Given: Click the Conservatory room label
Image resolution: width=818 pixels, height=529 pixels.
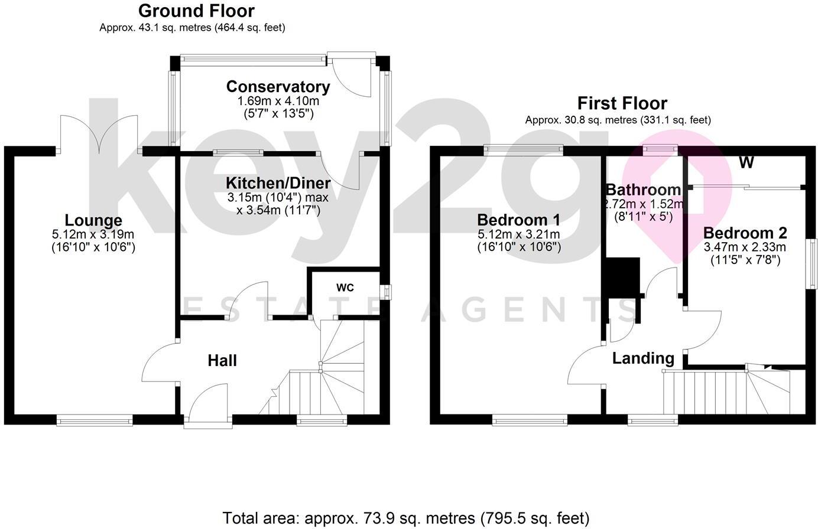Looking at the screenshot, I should [x=278, y=87].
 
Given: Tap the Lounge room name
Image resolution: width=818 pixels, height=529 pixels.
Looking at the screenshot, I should [x=93, y=221].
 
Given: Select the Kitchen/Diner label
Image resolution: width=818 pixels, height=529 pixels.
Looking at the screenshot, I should [x=278, y=183].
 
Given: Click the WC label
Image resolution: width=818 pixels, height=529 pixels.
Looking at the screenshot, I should [x=345, y=288].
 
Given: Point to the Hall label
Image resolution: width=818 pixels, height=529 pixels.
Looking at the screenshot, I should [x=222, y=361].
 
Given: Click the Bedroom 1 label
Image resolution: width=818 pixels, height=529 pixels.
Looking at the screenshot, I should [x=518, y=220].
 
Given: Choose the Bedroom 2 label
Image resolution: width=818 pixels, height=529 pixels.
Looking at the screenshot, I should [x=745, y=233].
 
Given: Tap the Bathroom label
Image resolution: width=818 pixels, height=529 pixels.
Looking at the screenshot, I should [x=643, y=190].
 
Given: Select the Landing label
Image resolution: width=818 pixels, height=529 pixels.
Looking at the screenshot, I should [x=643, y=358].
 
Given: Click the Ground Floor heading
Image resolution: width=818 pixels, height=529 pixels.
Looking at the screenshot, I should [x=196, y=11].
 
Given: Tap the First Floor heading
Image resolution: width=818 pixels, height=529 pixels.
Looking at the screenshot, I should [x=622, y=103].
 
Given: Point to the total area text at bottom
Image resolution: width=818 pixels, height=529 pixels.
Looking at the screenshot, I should [x=405, y=518].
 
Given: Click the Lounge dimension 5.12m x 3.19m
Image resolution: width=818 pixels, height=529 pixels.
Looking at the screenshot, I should [x=93, y=235].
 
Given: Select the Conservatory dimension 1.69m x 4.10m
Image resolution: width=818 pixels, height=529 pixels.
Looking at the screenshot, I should [x=278, y=102].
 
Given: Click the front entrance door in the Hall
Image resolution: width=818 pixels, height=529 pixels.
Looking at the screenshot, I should [x=208, y=404].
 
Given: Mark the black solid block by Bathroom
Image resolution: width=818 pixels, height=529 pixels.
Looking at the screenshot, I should [x=622, y=277].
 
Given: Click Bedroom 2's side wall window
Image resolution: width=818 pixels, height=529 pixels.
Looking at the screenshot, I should [x=813, y=263].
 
